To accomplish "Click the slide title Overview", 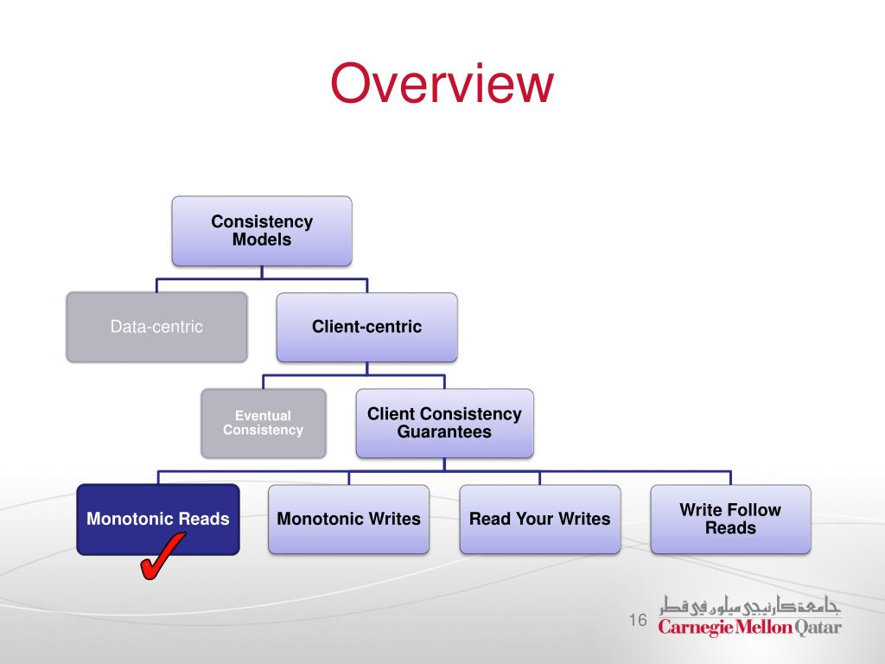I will coord(442,85).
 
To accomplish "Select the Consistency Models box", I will coord(262,231).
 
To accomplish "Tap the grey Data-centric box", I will coord(156,327).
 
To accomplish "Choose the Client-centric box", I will coord(366,327).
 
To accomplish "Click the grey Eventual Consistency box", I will coord(264,423).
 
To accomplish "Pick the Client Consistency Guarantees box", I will coord(444,423).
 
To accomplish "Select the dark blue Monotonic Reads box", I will coord(158,519).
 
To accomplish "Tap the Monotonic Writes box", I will coord(348,519).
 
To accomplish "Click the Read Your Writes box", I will coord(539,519).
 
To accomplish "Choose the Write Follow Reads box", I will coord(730,519).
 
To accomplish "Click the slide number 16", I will coord(639,621).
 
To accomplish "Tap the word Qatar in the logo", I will coord(818,627).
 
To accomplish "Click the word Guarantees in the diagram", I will coord(444,432).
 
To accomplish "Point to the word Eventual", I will coord(263,416).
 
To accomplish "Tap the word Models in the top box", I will coord(262,240).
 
